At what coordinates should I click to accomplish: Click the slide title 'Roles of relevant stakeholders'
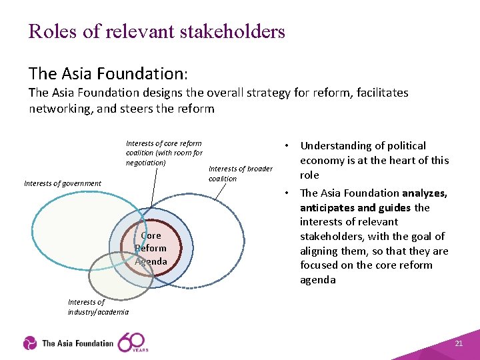click(x=157, y=31)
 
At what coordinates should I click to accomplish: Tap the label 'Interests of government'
click(x=63, y=183)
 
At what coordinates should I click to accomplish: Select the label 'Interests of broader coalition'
click(x=240, y=173)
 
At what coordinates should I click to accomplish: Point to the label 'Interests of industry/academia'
click(x=98, y=307)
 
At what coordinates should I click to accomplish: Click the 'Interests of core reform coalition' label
click(x=164, y=153)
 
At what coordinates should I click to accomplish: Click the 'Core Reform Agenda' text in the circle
click(x=151, y=248)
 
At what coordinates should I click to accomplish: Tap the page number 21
click(x=458, y=343)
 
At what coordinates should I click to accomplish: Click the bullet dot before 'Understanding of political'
click(x=285, y=145)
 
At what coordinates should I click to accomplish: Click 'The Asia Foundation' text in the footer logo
click(x=77, y=343)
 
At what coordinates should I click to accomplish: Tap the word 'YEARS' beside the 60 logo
click(x=141, y=349)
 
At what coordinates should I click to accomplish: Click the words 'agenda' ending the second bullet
click(x=318, y=279)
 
